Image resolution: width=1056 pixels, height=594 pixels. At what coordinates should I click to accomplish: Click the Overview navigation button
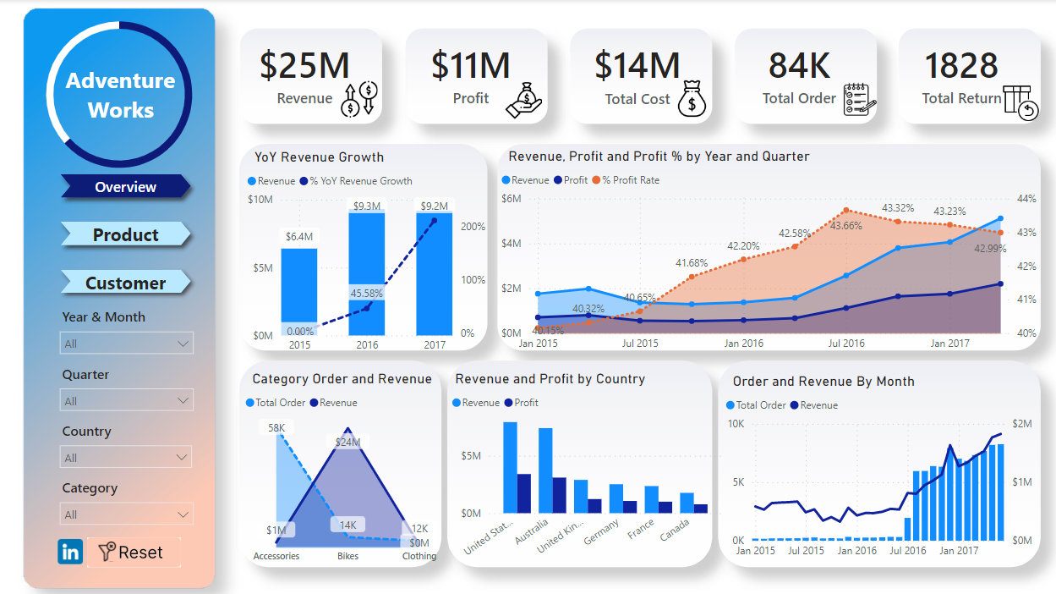pyautogui.click(x=125, y=187)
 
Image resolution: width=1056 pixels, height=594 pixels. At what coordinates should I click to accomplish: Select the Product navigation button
pyautogui.click(x=125, y=235)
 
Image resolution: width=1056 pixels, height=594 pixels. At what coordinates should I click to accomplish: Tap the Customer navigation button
pyautogui.click(x=125, y=283)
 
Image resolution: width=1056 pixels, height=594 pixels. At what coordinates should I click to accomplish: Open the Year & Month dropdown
pyautogui.click(x=127, y=344)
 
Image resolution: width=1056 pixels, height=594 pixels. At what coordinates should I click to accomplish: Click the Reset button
pyautogui.click(x=133, y=553)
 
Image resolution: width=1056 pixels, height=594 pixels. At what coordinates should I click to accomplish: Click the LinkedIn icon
pyautogui.click(x=70, y=553)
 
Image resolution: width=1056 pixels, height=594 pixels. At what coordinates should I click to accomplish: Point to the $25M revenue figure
pyautogui.click(x=304, y=66)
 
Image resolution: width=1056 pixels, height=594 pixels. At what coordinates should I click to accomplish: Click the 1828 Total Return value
pyautogui.click(x=961, y=66)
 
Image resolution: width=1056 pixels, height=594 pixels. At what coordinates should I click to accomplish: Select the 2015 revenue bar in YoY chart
pyautogui.click(x=299, y=288)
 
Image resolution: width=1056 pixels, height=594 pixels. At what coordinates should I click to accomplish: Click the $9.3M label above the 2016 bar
pyautogui.click(x=367, y=206)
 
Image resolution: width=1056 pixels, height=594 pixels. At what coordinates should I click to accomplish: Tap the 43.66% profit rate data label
pyautogui.click(x=845, y=226)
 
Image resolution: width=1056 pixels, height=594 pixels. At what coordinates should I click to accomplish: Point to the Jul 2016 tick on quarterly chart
pyautogui.click(x=846, y=344)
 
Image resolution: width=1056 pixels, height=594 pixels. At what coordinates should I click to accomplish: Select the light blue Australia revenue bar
pyautogui.click(x=545, y=470)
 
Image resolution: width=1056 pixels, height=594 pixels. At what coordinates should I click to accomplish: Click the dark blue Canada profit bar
pyautogui.click(x=701, y=508)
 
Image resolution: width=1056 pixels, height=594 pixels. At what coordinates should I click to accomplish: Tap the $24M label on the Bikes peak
pyautogui.click(x=347, y=442)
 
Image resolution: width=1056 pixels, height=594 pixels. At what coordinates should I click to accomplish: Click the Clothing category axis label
pyautogui.click(x=419, y=556)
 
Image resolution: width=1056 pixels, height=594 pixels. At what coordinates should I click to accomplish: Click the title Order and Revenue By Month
pyautogui.click(x=823, y=382)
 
